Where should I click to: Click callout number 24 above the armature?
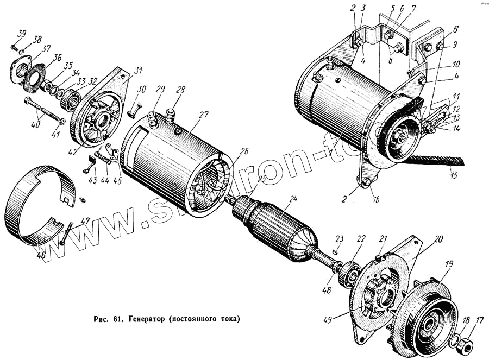[x=293, y=199]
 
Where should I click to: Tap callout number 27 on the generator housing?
[x=203, y=115]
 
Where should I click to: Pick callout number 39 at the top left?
[x=21, y=34]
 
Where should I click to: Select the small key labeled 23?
[x=336, y=251]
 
